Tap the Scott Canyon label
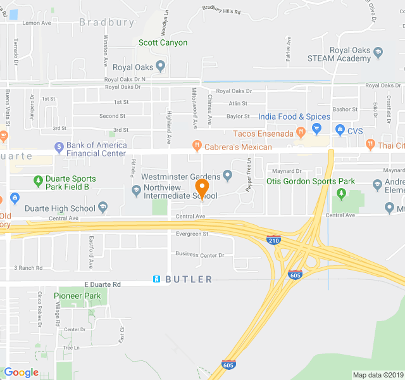(x=163, y=42)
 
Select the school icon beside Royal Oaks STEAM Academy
(x=378, y=51)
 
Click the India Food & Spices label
(x=294, y=117)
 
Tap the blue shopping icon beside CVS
(x=340, y=131)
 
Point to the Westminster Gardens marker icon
(x=228, y=175)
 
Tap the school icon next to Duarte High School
(x=103, y=208)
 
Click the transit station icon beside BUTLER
(x=156, y=279)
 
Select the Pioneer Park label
(x=77, y=296)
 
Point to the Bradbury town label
(x=107, y=22)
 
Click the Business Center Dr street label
(x=200, y=255)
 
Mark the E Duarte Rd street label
(x=102, y=285)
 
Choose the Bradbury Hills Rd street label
(x=221, y=11)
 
